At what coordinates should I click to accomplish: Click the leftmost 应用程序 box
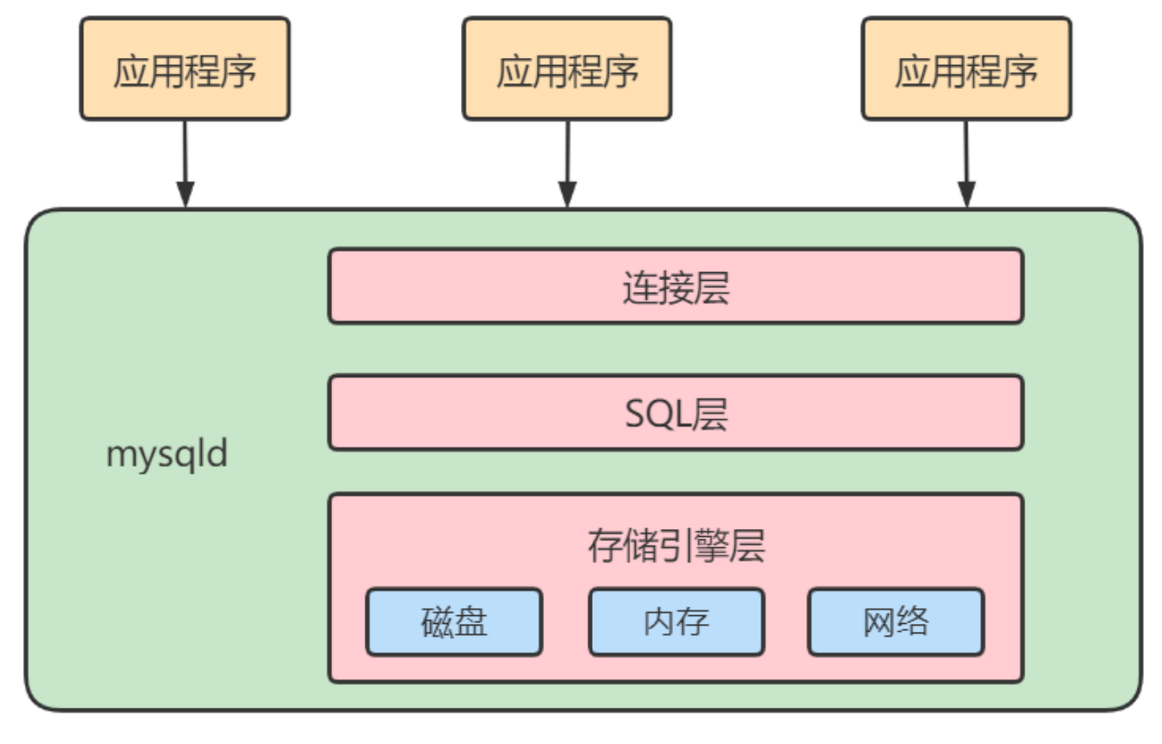[x=185, y=69]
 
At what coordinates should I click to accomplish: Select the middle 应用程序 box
[x=567, y=69]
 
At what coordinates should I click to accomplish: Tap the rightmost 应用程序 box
[x=966, y=69]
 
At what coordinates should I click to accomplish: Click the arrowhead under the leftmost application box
[x=185, y=194]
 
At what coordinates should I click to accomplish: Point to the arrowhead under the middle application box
[x=567, y=194]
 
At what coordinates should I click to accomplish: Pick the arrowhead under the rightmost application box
[x=967, y=194]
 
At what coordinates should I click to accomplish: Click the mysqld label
[x=166, y=455]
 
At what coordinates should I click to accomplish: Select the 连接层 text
[x=675, y=287]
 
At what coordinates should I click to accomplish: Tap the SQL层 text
[x=675, y=414]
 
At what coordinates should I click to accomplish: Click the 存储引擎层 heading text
[x=675, y=546]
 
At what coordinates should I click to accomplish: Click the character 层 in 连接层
[x=711, y=287]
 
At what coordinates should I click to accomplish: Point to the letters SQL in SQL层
[x=656, y=414]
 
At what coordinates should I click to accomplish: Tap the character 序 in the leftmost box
[x=239, y=72]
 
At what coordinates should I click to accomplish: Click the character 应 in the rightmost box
[x=912, y=72]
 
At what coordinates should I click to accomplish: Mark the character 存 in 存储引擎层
[x=604, y=546]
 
